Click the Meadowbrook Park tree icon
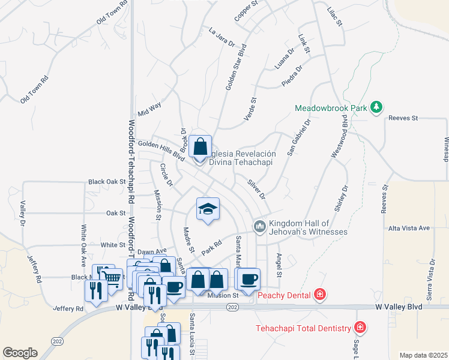[x=376, y=107]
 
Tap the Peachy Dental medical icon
[x=321, y=294]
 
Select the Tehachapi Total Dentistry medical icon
[x=360, y=328]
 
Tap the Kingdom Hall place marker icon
[x=260, y=226]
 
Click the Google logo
[x=20, y=353]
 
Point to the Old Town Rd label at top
[x=112, y=13]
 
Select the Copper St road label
[x=246, y=11]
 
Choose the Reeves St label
[x=403, y=118]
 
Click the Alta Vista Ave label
[x=409, y=228]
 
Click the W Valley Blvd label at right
[x=399, y=307]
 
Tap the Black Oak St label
[x=107, y=181]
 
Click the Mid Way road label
[x=149, y=109]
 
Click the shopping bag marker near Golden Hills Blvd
[x=201, y=146]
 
